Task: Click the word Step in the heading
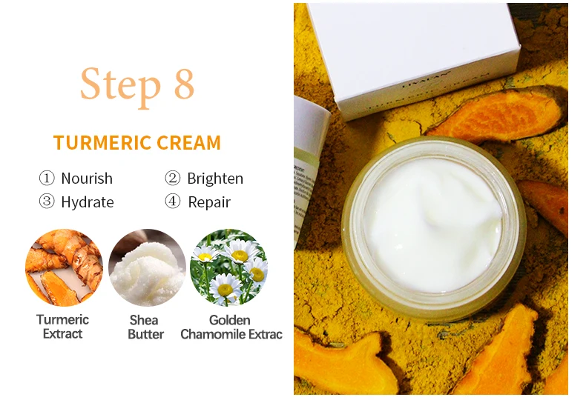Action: (119, 84)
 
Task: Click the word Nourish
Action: (87, 179)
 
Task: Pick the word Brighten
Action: (215, 179)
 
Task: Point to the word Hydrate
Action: (88, 202)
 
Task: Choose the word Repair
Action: (209, 202)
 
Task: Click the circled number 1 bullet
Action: (47, 179)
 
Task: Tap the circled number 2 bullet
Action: (173, 179)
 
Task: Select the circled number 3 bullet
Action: (47, 202)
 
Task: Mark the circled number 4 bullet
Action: (173, 202)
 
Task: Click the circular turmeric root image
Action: (63, 267)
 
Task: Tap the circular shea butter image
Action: (146, 267)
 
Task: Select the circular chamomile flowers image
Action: (228, 267)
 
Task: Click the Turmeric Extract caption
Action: (63, 327)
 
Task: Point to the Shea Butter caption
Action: (146, 327)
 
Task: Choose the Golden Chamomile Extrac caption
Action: (231, 327)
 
